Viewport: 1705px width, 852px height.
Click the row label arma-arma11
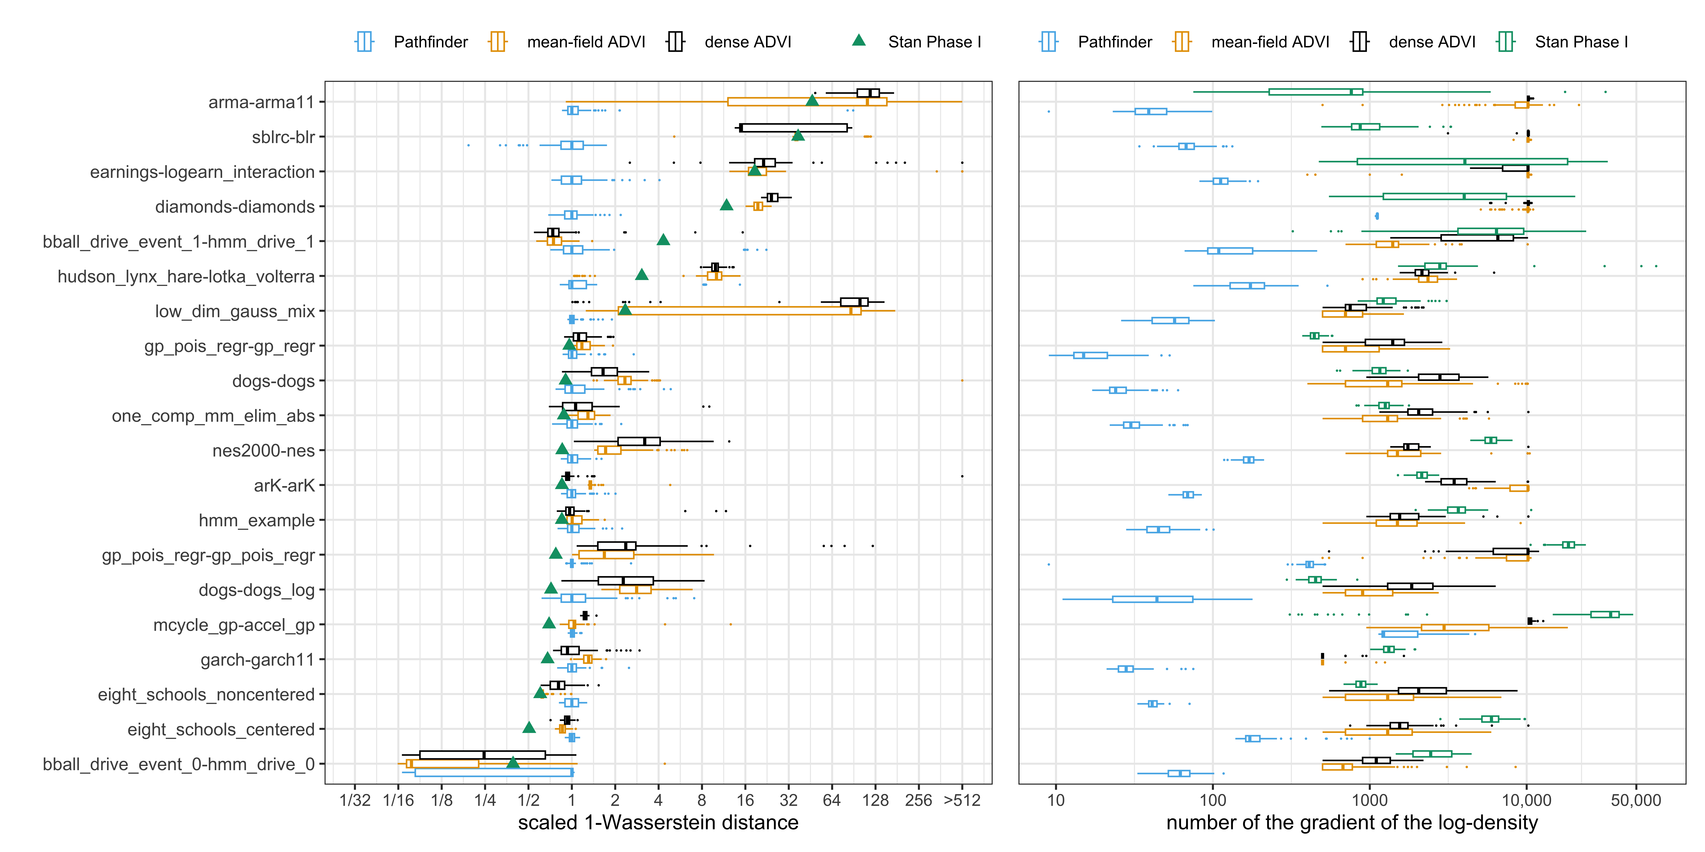coord(261,103)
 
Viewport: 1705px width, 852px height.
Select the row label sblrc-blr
coord(283,138)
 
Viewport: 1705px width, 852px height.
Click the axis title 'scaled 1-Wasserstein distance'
coord(658,823)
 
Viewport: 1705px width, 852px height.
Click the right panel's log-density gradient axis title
coord(1352,823)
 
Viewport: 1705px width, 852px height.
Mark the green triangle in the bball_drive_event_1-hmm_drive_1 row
coord(663,239)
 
